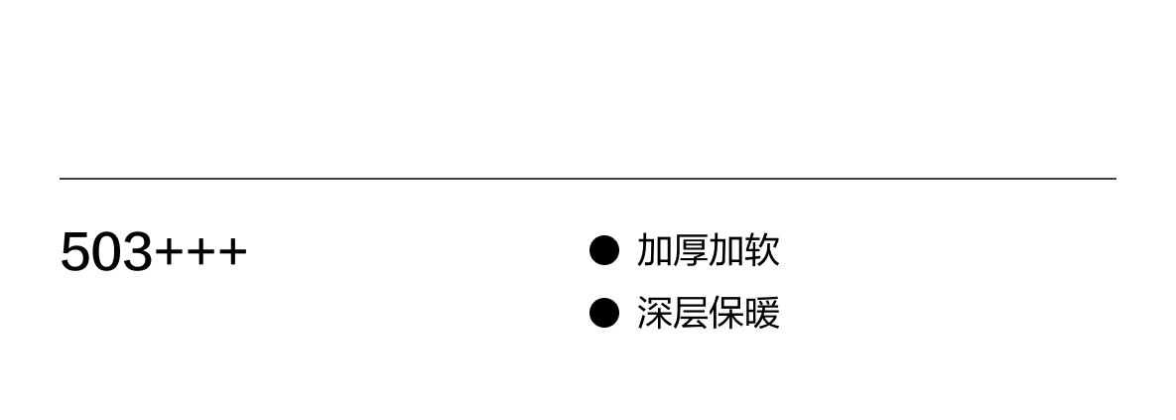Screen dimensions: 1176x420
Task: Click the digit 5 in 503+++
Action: [x=75, y=252]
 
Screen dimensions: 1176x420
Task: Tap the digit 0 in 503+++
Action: [x=106, y=252]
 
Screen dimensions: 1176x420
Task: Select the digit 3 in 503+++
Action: [x=137, y=252]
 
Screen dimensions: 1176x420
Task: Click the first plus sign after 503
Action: [x=169, y=253]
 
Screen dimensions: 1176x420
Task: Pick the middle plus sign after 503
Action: [x=199, y=253]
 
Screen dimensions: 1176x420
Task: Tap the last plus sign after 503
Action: [x=231, y=253]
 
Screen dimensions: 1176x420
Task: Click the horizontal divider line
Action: [x=588, y=179]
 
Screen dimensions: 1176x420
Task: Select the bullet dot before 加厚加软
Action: [x=603, y=250]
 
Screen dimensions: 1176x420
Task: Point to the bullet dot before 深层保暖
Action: [x=603, y=313]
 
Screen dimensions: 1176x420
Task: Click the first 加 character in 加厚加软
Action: [x=655, y=250]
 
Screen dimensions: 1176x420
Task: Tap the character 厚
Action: [x=691, y=250]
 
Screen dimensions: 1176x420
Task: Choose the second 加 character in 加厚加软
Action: [x=726, y=250]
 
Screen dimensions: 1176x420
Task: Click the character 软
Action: [x=762, y=250]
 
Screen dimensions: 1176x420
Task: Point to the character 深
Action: [x=655, y=313]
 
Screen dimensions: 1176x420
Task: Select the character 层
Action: [x=691, y=313]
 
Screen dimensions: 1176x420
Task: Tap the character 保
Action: [x=726, y=313]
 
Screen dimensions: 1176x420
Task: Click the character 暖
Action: [x=762, y=313]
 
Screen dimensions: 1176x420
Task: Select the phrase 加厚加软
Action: [x=709, y=250]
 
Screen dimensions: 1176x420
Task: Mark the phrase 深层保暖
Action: [x=709, y=313]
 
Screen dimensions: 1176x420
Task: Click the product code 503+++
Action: [x=153, y=252]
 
